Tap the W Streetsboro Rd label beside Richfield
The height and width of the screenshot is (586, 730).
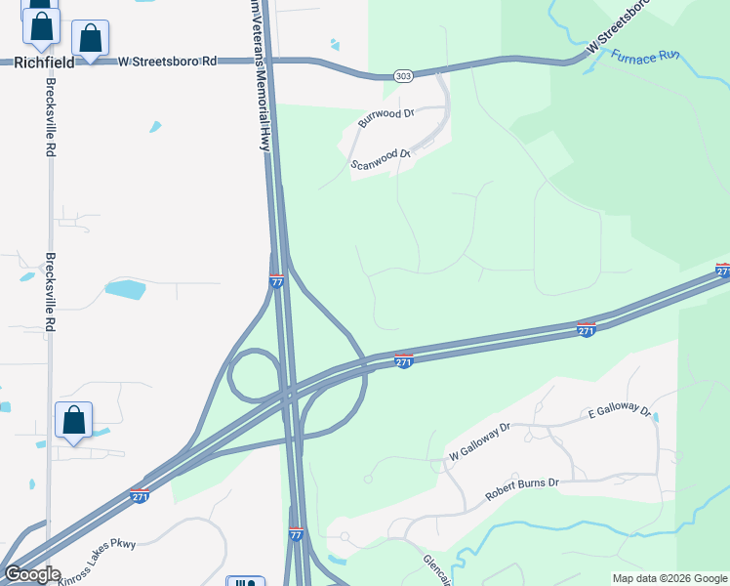tap(168, 61)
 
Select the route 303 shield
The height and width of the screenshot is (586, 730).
tap(403, 75)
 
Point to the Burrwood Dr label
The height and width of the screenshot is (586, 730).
tap(386, 119)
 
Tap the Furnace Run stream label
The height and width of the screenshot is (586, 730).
tap(644, 56)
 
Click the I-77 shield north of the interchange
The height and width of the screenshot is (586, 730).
tap(276, 281)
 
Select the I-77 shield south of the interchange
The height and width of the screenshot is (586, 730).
tap(296, 534)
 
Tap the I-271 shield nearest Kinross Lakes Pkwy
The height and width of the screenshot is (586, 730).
tap(140, 496)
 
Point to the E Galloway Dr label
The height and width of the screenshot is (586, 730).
tap(619, 411)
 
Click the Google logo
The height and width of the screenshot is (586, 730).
tap(32, 574)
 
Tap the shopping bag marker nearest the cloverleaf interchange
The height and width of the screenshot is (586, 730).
tap(73, 421)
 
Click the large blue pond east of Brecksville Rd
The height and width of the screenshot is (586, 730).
tap(125, 289)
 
